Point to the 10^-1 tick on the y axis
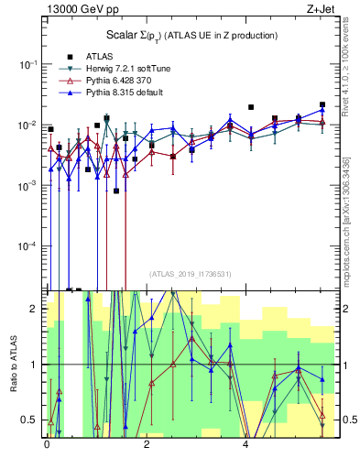pos(29,64)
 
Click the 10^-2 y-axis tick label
pos(29,125)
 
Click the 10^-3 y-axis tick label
pos(29,186)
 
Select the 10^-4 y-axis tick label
pos(29,246)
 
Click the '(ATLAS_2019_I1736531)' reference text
pos(190,274)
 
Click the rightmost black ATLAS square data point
pos(322,105)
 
